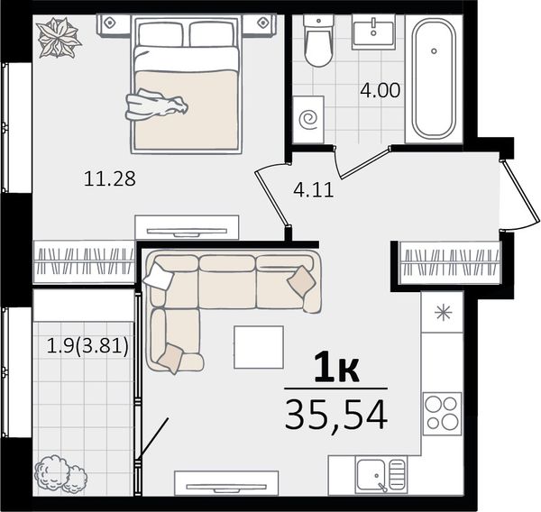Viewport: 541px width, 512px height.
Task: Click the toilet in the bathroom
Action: (x=318, y=41)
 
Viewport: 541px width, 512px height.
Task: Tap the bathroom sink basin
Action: (x=373, y=30)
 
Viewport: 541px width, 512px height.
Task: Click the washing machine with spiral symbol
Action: (x=308, y=120)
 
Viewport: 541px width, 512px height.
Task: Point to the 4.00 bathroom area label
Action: (x=381, y=90)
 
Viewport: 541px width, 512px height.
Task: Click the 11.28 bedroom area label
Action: (x=110, y=179)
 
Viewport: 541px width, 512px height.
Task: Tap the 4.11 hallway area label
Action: (x=314, y=190)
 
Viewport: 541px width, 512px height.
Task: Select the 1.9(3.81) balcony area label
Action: (x=87, y=346)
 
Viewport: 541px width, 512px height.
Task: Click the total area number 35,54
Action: (x=336, y=415)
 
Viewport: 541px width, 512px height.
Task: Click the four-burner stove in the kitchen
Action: (x=442, y=414)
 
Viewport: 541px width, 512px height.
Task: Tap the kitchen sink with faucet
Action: (x=381, y=475)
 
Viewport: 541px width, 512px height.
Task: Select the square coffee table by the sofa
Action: (x=259, y=347)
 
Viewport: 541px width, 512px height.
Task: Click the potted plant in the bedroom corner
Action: (x=59, y=38)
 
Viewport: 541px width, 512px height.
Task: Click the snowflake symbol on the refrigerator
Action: (x=444, y=313)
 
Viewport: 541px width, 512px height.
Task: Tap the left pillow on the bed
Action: (x=160, y=34)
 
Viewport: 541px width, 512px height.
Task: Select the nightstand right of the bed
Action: (x=263, y=23)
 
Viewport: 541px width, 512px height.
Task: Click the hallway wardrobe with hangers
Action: (x=450, y=262)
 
